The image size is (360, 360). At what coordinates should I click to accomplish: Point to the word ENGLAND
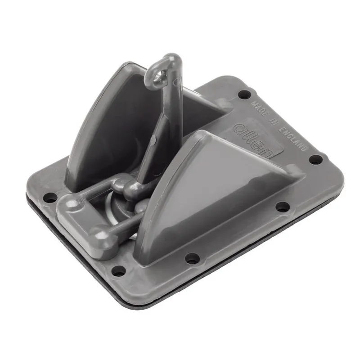293,139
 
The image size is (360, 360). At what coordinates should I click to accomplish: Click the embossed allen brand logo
252,140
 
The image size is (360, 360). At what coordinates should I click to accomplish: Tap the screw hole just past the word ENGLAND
316,159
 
